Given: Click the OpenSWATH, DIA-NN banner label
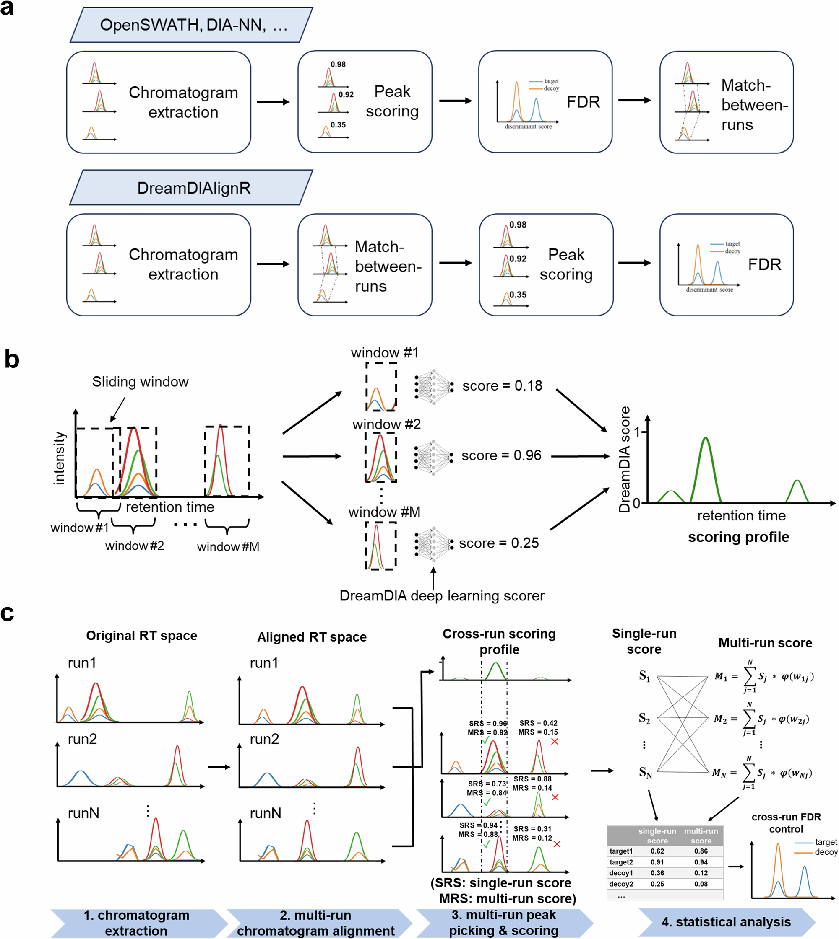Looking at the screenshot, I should tap(194, 25).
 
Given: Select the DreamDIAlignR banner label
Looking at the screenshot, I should tap(194, 188).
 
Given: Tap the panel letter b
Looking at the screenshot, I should tap(12, 359).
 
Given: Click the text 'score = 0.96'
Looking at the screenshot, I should tap(501, 455).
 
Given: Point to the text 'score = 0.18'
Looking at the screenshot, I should tap(502, 385).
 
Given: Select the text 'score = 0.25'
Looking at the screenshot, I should tap(498, 543).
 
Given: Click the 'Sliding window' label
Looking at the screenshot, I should tap(140, 382).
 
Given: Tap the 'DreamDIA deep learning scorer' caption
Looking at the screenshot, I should tap(442, 595).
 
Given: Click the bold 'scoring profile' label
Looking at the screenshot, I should tap(738, 537).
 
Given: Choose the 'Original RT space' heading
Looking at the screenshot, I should tap(141, 636).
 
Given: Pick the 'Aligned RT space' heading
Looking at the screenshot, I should tap(312, 637).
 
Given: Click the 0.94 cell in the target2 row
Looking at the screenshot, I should tap(701, 862).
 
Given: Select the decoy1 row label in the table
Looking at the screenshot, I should tap(620, 873).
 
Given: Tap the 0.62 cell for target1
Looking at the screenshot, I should tap(657, 851).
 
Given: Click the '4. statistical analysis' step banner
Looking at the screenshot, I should tap(726, 922).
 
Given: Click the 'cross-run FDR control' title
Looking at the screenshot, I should tap(786, 823).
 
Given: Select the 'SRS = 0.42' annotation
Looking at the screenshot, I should tap(538, 723).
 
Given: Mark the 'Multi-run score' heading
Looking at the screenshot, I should tap(765, 643).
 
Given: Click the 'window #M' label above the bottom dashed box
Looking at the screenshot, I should tap(384, 512).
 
